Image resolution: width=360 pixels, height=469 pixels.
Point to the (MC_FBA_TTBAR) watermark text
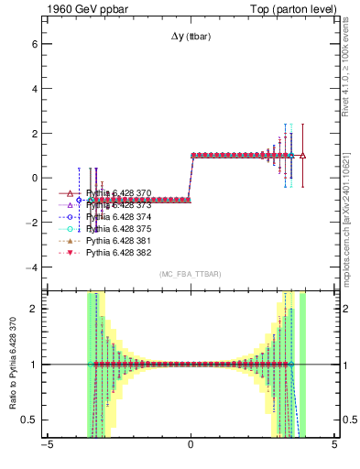point(190,274)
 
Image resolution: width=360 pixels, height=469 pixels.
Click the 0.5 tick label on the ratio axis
point(28,420)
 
